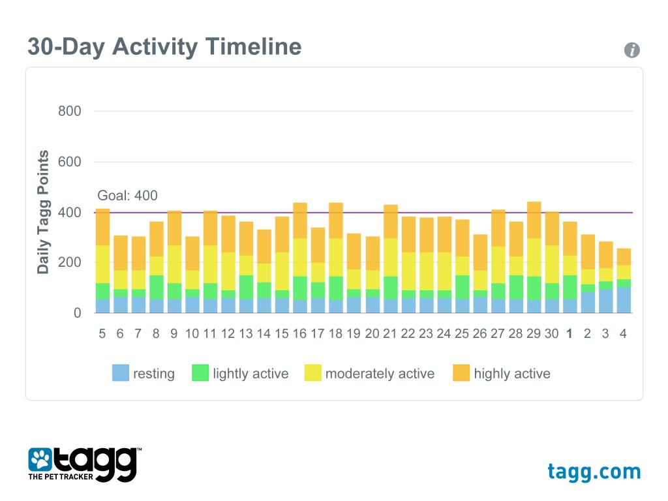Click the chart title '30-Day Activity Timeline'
pyautogui.click(x=164, y=48)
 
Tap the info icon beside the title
pyautogui.click(x=631, y=50)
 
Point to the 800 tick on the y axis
pyautogui.click(x=69, y=112)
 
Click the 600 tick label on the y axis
pyautogui.click(x=69, y=162)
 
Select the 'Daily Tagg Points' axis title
pyautogui.click(x=43, y=212)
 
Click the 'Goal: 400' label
pyautogui.click(x=127, y=196)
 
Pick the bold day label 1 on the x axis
pyautogui.click(x=569, y=333)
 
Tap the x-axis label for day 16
pyautogui.click(x=299, y=333)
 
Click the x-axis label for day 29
pyautogui.click(x=534, y=333)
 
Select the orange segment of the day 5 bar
pyautogui.click(x=102, y=227)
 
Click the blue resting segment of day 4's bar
pyautogui.click(x=624, y=300)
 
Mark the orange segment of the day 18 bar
pyautogui.click(x=336, y=220)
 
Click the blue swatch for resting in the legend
pyautogui.click(x=121, y=373)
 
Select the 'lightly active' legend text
pyautogui.click(x=250, y=374)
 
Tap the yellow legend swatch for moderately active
pyautogui.click(x=313, y=373)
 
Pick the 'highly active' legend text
pyautogui.click(x=512, y=374)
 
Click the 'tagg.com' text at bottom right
pyautogui.click(x=594, y=471)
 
